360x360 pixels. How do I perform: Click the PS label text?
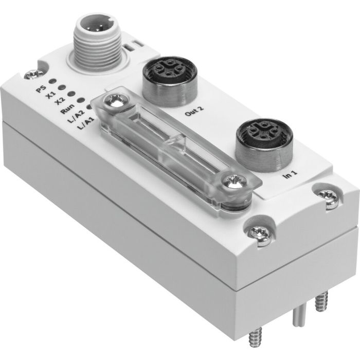tap(40, 89)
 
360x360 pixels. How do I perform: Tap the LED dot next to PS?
tap(52, 81)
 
